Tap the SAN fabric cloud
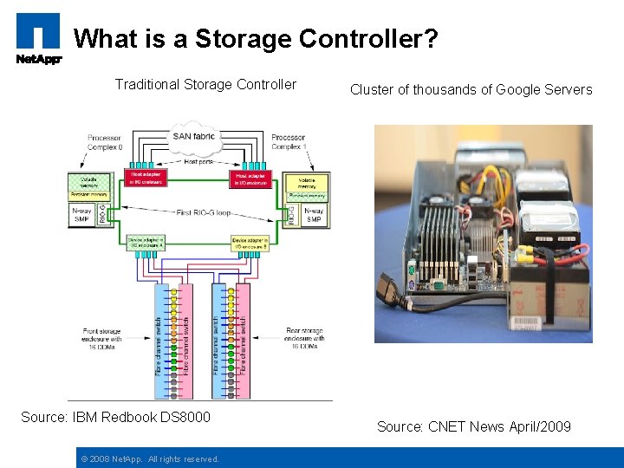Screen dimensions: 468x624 (193, 135)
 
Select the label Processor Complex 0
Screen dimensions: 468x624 (106, 142)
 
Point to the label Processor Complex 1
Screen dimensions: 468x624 (289, 142)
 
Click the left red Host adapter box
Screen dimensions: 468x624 (146, 179)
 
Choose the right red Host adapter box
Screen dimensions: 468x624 (250, 179)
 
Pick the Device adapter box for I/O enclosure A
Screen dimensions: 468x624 (146, 243)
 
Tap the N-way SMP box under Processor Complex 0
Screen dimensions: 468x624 (82, 214)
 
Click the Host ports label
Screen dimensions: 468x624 (198, 162)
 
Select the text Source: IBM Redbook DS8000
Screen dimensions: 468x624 (115, 418)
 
